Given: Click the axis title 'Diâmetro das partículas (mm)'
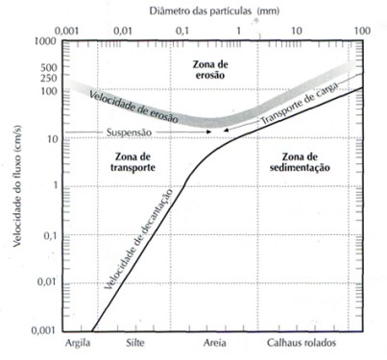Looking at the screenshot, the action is click(x=214, y=12).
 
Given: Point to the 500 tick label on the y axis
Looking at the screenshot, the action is click(x=48, y=67).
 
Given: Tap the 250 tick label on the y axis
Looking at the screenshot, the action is click(x=48, y=78).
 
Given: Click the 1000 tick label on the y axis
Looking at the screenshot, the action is click(x=45, y=41).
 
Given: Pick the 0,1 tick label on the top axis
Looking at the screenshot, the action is click(x=181, y=31).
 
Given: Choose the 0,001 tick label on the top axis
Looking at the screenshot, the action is click(x=66, y=31).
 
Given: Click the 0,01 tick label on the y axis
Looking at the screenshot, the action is click(x=47, y=282).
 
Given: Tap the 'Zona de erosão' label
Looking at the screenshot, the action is click(x=210, y=70).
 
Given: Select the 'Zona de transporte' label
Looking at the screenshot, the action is click(x=133, y=162).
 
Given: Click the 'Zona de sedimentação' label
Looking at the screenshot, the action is click(x=300, y=162).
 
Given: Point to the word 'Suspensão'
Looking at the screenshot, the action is click(x=129, y=132).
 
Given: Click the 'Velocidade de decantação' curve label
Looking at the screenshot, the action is click(x=138, y=239).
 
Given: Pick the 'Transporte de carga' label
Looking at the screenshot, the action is click(x=299, y=104).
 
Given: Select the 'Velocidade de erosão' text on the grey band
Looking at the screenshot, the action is click(x=133, y=107).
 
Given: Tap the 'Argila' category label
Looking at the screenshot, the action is click(x=78, y=343).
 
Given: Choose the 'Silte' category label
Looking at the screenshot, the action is click(x=135, y=343).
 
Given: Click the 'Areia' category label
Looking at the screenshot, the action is click(x=215, y=343).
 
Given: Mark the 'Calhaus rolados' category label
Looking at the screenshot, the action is click(x=302, y=343).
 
